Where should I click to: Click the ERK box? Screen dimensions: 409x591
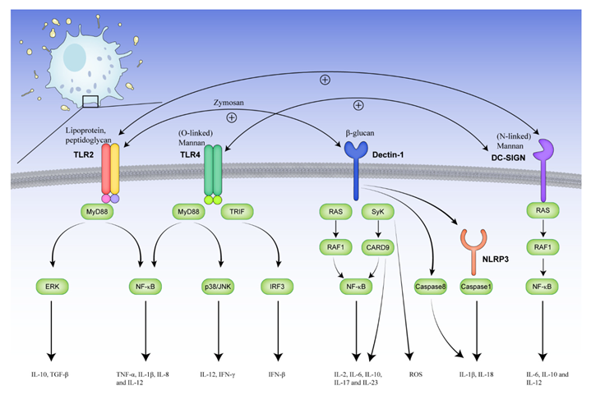52,287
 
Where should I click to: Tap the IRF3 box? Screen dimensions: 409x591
291,287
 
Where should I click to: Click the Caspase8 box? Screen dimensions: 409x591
432,287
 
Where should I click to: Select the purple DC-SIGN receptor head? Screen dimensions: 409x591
544,151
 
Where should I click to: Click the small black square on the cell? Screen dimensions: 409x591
90,101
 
